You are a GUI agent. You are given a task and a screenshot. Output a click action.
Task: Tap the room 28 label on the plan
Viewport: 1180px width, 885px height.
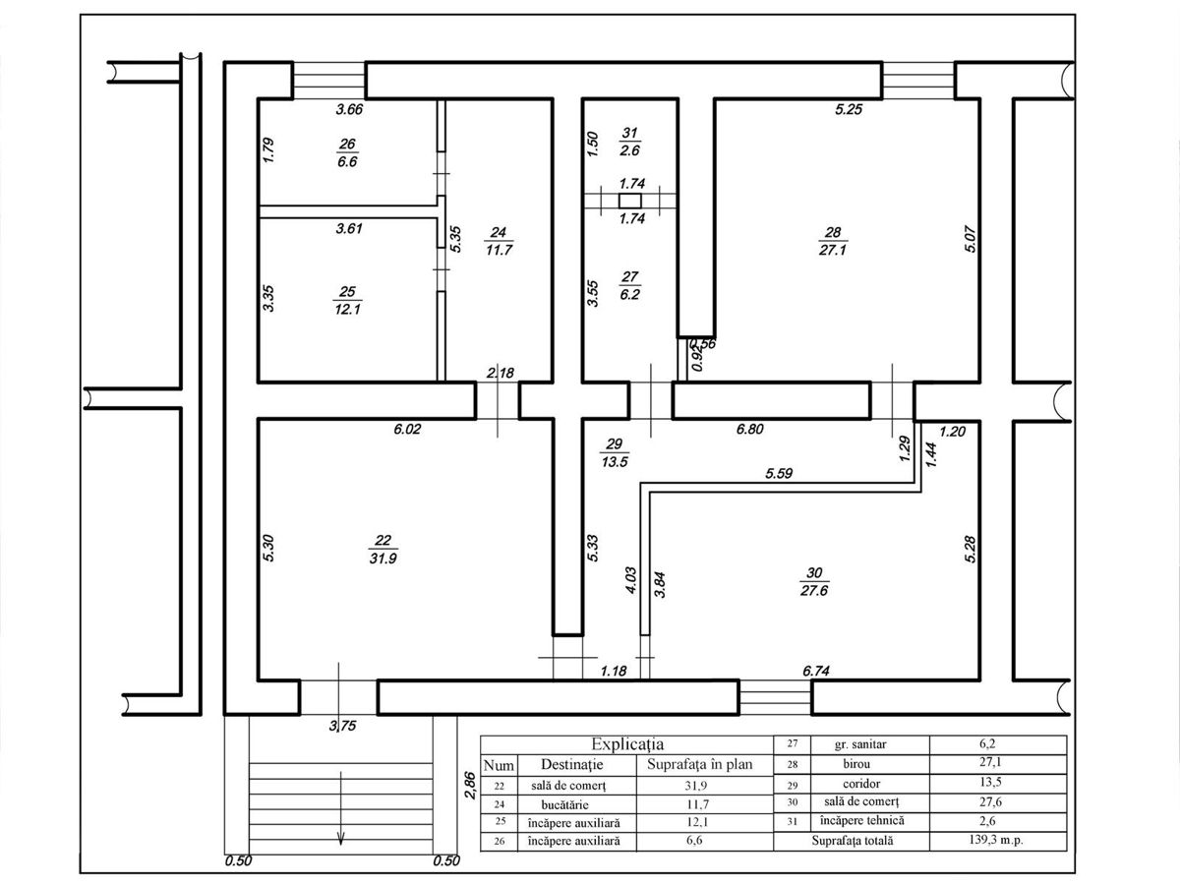click(833, 241)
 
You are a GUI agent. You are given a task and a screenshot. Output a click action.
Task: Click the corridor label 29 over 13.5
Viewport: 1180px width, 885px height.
click(615, 453)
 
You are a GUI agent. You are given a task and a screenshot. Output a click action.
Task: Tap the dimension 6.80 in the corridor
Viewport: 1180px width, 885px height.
click(750, 429)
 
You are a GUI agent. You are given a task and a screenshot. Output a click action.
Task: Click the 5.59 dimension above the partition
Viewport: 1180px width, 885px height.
click(779, 473)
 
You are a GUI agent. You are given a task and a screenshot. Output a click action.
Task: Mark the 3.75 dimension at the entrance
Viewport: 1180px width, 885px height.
click(342, 726)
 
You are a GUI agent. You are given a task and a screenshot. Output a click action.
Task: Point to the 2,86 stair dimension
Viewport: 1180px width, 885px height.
click(470, 786)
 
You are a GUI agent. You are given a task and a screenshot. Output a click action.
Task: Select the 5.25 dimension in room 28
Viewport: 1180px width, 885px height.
click(849, 109)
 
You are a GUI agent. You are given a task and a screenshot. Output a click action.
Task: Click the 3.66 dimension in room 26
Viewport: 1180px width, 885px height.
click(349, 109)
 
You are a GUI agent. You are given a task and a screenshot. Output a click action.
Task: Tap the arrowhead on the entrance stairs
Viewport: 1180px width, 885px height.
click(340, 840)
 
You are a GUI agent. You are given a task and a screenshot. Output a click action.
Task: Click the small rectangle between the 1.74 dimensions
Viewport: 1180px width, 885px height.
click(630, 201)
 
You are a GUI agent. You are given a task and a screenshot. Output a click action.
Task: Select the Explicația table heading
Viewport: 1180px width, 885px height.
click(627, 744)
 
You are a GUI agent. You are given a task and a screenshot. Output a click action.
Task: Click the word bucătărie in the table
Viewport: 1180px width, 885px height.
click(565, 804)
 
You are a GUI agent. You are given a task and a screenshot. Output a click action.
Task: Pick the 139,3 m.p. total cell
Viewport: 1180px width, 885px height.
click(996, 840)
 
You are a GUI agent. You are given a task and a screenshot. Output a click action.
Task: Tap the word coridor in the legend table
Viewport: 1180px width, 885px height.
click(861, 784)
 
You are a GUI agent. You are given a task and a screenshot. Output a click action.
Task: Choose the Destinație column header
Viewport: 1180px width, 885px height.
click(572, 765)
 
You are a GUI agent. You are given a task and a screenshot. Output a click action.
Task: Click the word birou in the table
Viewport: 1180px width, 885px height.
click(856, 764)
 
